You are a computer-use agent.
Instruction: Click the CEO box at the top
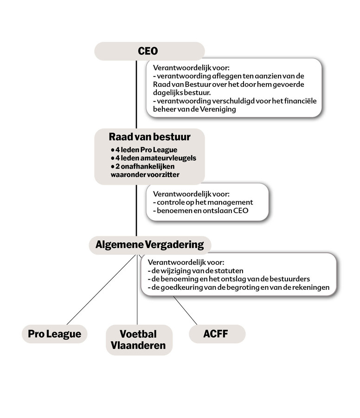click(149, 51)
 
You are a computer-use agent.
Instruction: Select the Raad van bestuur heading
click(150, 137)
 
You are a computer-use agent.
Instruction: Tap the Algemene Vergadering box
click(150, 245)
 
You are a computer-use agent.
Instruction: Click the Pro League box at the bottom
click(55, 334)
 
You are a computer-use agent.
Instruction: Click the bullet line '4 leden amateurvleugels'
click(154, 158)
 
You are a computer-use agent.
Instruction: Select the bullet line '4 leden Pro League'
click(144, 150)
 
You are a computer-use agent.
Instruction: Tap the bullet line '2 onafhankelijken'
click(143, 166)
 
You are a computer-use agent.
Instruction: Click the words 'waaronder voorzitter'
click(145, 175)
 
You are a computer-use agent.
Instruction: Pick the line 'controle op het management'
click(203, 202)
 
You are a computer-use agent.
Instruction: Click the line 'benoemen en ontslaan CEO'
click(201, 210)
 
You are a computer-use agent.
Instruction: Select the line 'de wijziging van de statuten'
click(195, 271)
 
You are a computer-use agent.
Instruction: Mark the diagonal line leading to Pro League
click(102, 289)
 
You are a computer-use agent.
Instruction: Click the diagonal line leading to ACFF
click(185, 310)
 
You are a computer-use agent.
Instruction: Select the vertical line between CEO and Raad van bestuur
click(136, 94)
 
